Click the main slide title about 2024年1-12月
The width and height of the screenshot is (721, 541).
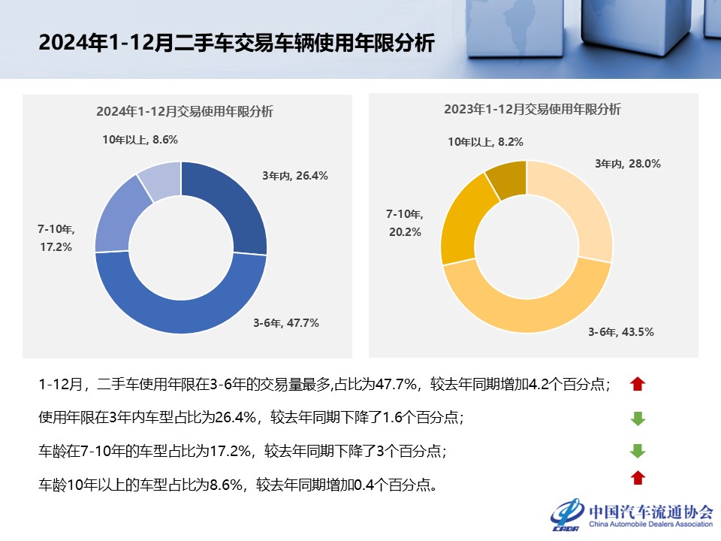tap(236, 43)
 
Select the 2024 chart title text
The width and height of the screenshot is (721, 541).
tap(184, 111)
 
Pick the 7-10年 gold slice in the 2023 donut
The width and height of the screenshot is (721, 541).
tap(465, 222)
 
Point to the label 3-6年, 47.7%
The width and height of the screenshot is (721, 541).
tap(285, 323)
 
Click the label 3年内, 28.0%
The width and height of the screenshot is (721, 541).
tap(627, 163)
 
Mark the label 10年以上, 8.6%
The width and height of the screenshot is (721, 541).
tap(140, 139)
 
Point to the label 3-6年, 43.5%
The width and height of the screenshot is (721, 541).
tap(620, 331)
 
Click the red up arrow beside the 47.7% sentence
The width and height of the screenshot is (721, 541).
tap(638, 385)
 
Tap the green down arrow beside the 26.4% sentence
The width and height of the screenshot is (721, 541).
tap(638, 419)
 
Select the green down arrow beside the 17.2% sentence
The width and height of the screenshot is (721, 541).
tap(638, 451)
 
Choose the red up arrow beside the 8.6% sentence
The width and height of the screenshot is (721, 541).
tap(638, 477)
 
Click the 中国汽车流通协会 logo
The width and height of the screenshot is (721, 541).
tap(632, 514)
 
